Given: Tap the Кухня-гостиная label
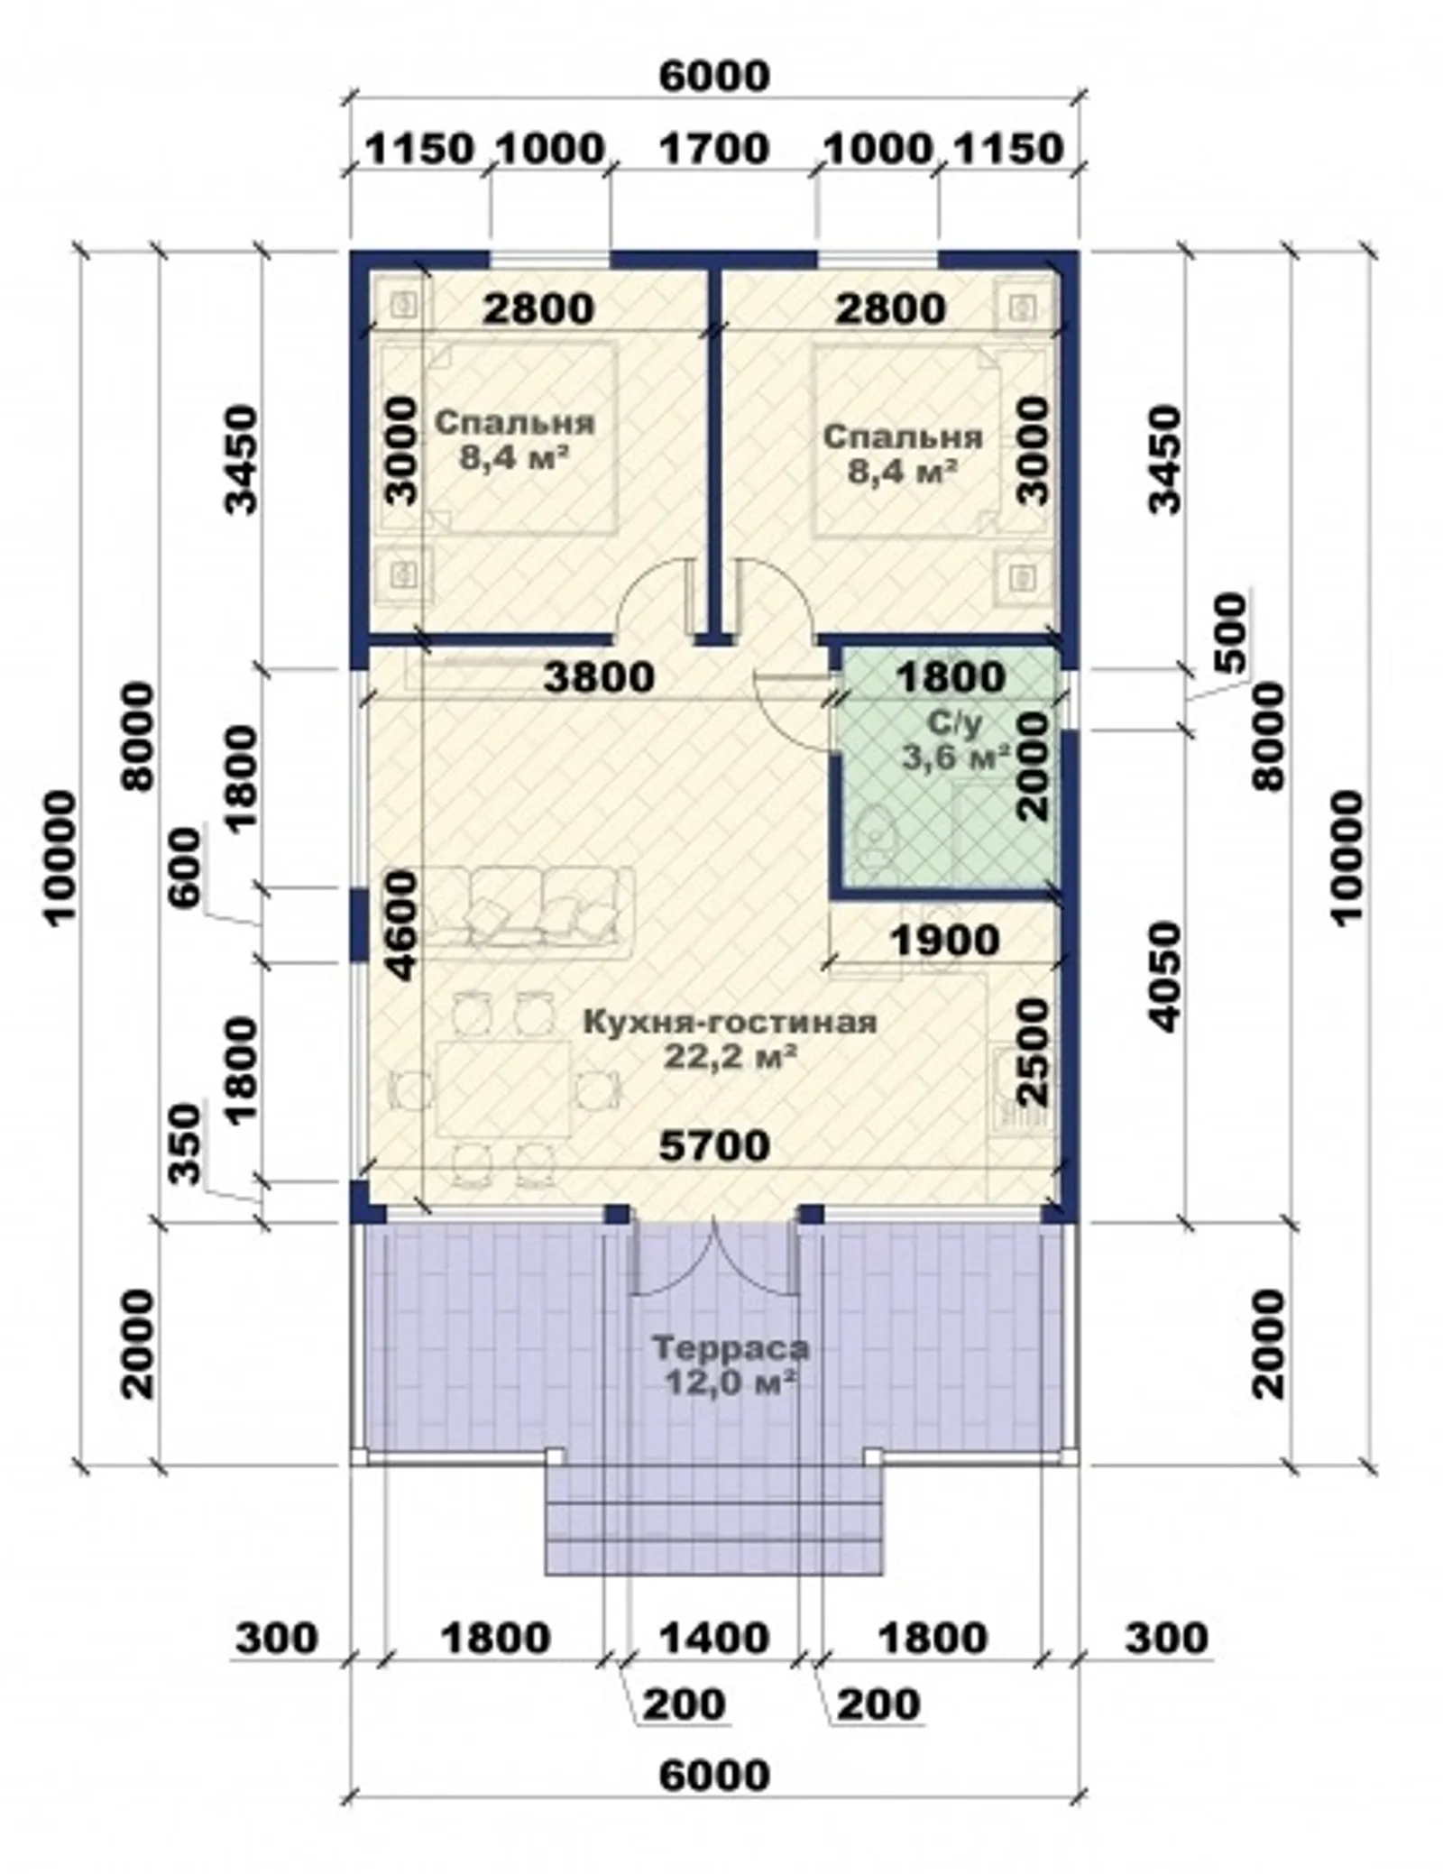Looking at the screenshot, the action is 730,1023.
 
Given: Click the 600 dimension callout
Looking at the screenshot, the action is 187,869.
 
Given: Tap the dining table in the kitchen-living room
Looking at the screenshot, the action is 504,1089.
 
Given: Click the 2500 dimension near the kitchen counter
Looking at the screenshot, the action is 1035,1051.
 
